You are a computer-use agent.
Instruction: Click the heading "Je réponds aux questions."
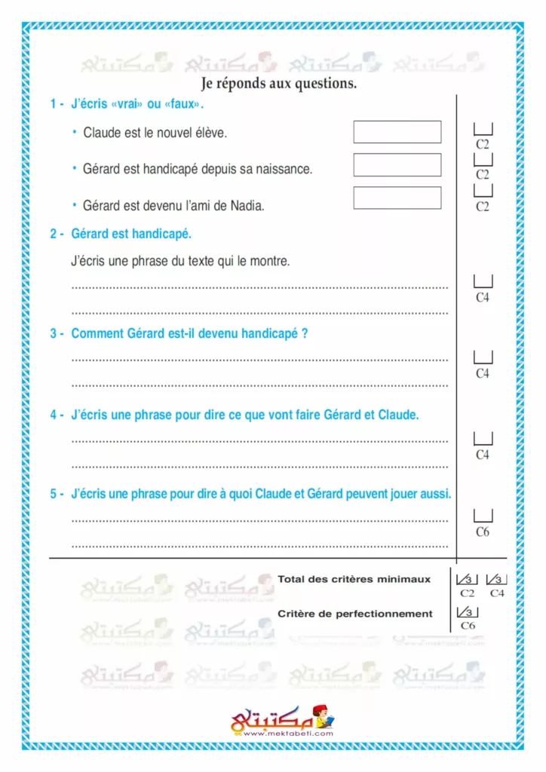[279, 84]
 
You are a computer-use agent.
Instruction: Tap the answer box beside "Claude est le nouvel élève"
[397, 132]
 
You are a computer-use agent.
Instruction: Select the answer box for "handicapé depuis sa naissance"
[397, 165]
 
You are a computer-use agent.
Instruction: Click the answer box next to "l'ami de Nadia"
[397, 198]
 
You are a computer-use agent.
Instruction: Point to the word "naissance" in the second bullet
[286, 169]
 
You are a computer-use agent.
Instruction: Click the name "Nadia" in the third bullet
[248, 205]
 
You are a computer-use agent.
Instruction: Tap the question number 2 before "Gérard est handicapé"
[54, 234]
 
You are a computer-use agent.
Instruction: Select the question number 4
[54, 415]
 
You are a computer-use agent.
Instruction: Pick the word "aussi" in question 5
[435, 495]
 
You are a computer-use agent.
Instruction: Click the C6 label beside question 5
[483, 532]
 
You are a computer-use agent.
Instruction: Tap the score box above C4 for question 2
[483, 281]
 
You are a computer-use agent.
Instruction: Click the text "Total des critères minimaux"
[354, 580]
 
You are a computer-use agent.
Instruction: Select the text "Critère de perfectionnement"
[354, 614]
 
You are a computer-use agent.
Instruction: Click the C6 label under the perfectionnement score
[468, 626]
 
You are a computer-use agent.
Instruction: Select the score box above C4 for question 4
[483, 439]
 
